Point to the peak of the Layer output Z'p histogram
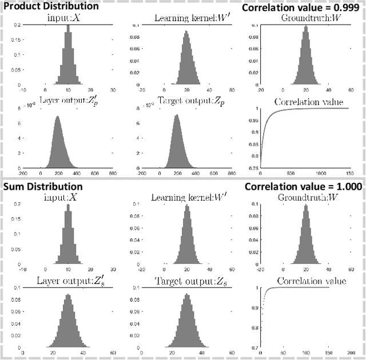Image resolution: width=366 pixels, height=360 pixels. click(x=57, y=118)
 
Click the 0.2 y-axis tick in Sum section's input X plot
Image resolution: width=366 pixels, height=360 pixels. click(x=17, y=205)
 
